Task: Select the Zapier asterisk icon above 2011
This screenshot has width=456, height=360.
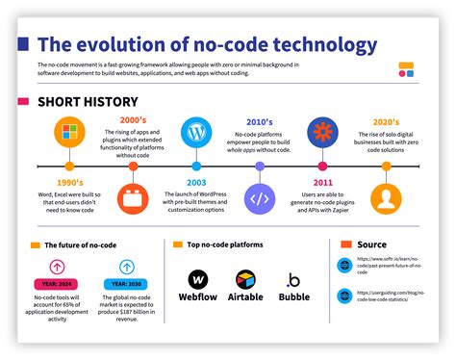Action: click(322, 131)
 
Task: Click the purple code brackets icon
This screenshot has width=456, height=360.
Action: click(260, 199)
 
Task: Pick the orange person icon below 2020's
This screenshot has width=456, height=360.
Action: click(387, 199)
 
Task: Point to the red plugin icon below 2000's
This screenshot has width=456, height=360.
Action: click(132, 199)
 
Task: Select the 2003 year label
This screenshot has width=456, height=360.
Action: click(196, 183)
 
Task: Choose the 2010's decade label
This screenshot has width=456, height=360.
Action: click(260, 121)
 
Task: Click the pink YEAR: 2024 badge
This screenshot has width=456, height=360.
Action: click(58, 286)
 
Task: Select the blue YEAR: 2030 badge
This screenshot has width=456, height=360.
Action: click(127, 286)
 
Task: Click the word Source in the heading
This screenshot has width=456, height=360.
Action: click(371, 244)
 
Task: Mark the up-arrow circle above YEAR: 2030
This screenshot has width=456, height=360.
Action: click(127, 267)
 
